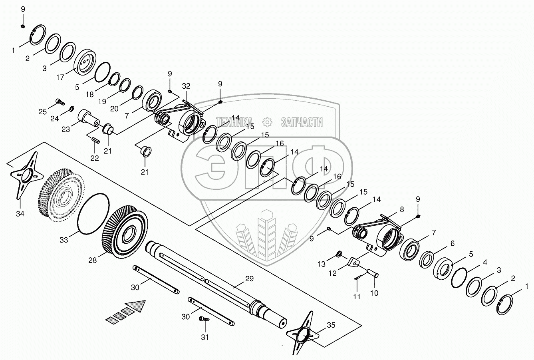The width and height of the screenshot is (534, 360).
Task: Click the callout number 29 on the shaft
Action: [x=249, y=279]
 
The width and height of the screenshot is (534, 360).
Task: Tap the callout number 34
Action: [x=20, y=214]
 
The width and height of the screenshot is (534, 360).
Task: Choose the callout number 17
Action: [x=60, y=78]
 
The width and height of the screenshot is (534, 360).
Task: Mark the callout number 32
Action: [x=186, y=86]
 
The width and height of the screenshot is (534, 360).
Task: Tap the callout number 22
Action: [x=94, y=158]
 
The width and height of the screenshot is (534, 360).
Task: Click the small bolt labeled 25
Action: [x=60, y=101]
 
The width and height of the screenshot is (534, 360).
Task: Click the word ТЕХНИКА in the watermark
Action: [x=234, y=122]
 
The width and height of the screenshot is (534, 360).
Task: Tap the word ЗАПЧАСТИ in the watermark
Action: [x=302, y=122]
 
